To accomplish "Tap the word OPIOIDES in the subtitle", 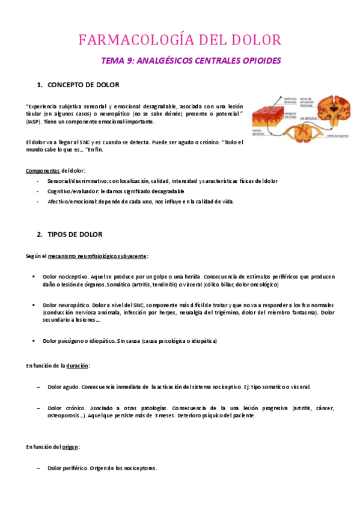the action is pyautogui.click(x=260, y=61).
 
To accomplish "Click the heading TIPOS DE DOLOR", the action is pyautogui.click(x=75, y=234).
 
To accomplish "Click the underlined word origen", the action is pyautogui.click(x=71, y=447).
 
